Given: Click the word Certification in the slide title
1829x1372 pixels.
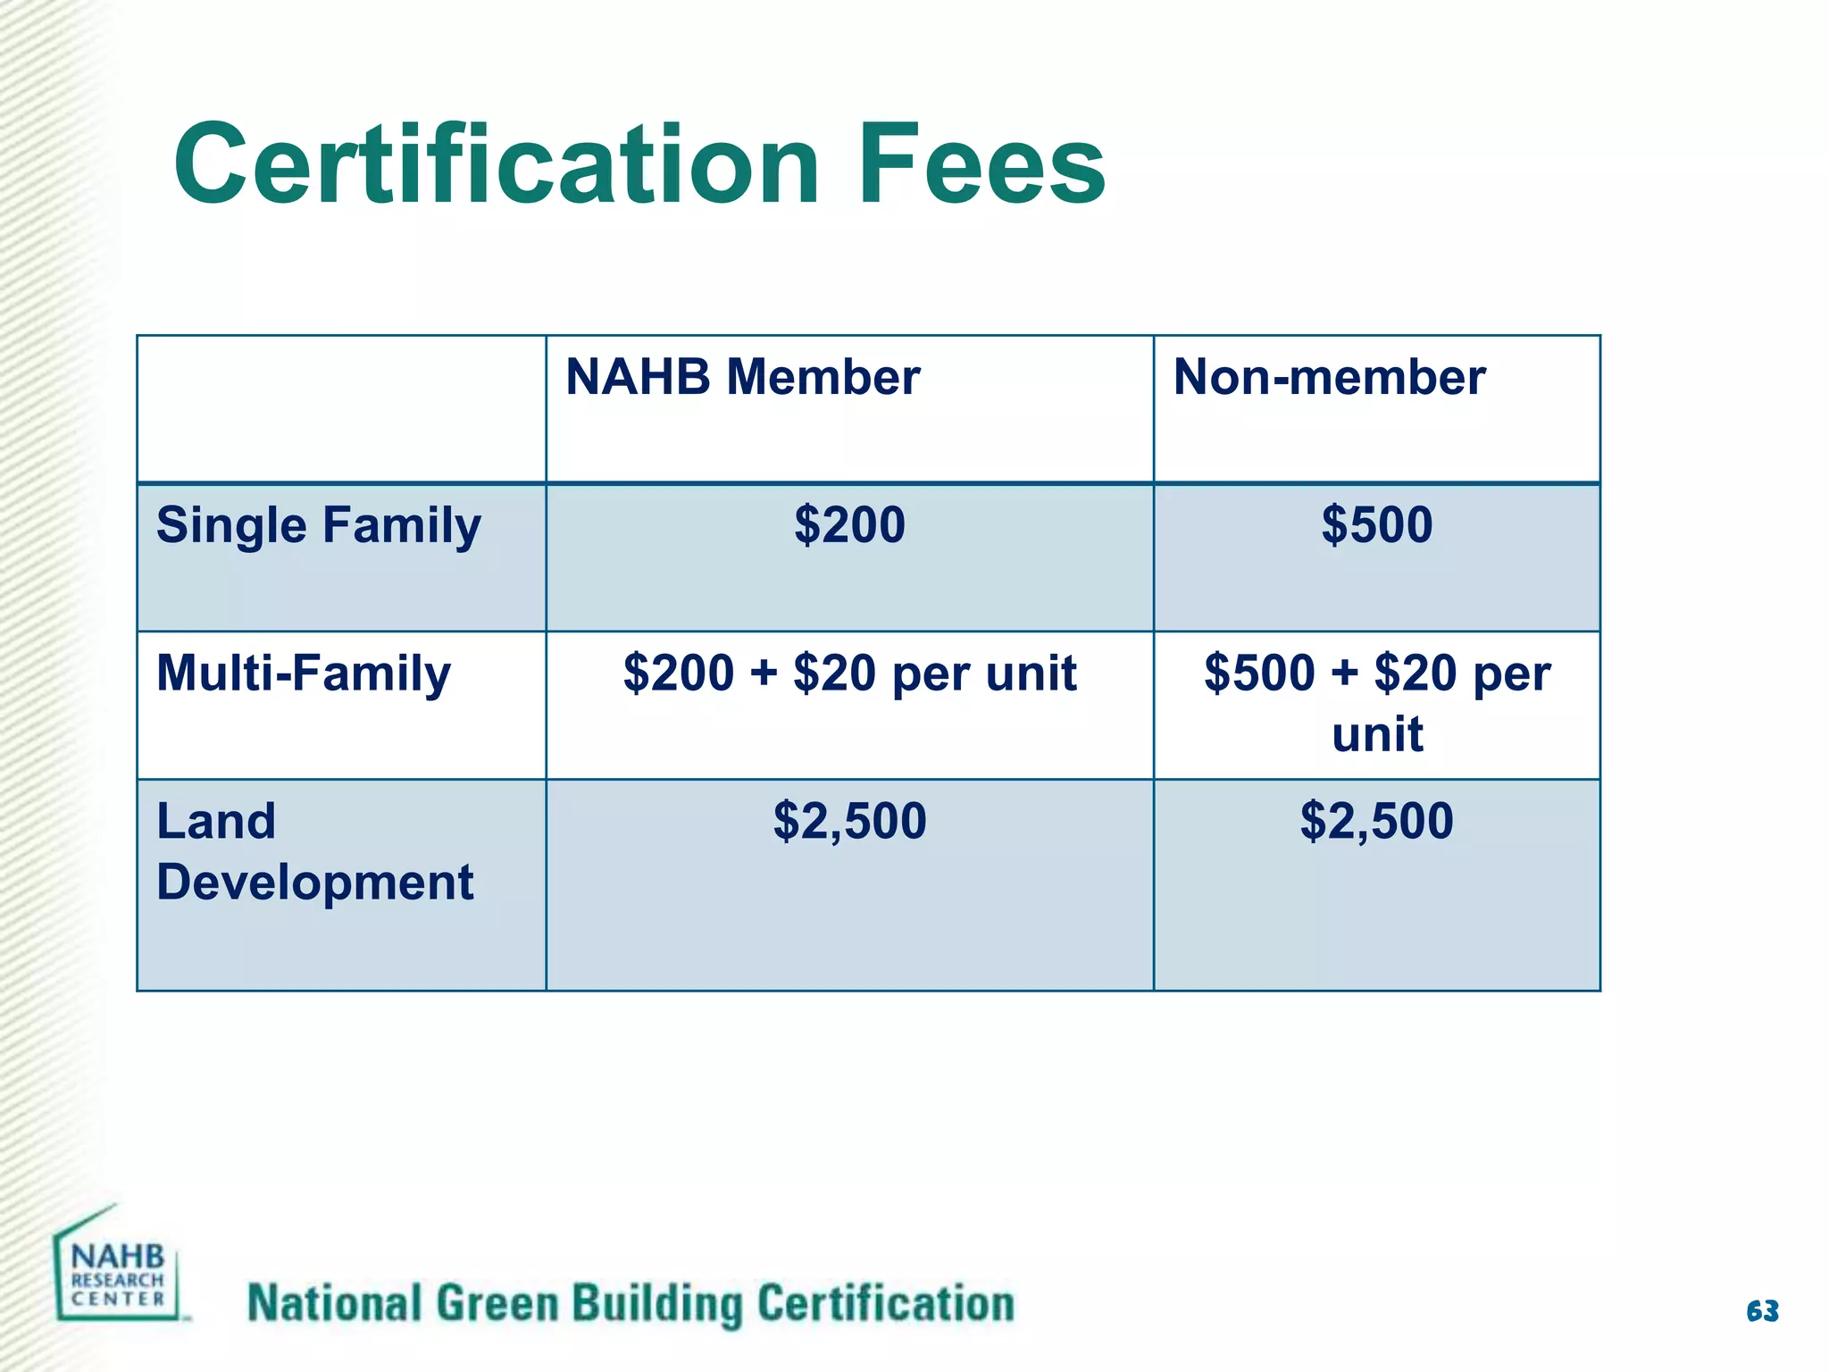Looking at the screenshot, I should (497, 165).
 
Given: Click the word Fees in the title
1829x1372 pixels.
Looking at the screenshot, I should (981, 165).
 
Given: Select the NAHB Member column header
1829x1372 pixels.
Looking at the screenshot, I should (742, 377).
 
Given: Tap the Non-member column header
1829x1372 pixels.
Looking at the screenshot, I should (1329, 377).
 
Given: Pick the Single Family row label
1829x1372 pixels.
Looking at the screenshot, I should (318, 525).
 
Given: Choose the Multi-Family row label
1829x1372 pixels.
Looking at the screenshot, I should (303, 673).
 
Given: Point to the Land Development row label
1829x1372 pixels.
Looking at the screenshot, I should (314, 851).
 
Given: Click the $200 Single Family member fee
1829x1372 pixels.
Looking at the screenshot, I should (849, 524).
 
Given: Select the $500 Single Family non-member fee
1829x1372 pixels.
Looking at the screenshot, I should (1376, 524).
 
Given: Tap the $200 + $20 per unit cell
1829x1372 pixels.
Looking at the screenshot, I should (849, 673).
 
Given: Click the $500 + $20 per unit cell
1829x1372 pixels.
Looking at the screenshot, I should (1376, 703).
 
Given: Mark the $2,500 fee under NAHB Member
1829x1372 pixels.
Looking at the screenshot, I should (849, 821).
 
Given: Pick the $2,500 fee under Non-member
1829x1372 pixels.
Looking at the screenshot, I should (1376, 821).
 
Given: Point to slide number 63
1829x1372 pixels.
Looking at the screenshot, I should (1762, 1310).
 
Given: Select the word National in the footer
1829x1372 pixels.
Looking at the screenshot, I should (334, 1303).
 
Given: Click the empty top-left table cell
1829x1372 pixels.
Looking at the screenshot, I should (341, 409).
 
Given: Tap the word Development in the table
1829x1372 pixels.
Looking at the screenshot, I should (314, 883).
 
